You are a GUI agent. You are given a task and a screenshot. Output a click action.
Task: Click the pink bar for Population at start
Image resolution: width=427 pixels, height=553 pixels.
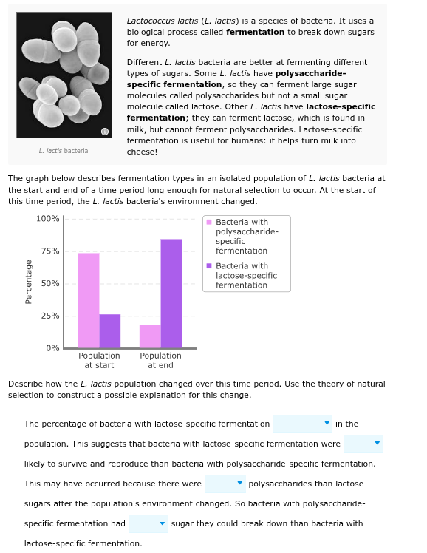pyautogui.click(x=89, y=300)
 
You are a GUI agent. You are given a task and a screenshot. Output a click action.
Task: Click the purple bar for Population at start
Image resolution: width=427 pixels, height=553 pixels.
pyautogui.click(x=110, y=330)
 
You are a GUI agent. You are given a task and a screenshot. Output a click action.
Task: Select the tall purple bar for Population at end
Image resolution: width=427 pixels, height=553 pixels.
pyautogui.click(x=171, y=294)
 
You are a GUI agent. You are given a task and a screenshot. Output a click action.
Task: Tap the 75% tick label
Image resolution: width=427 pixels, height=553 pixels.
pyautogui.click(x=50, y=251)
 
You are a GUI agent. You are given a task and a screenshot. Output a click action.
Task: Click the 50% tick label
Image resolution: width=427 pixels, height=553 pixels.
pyautogui.click(x=50, y=284)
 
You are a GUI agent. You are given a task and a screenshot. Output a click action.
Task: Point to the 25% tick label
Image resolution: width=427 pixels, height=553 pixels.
pyautogui.click(x=50, y=316)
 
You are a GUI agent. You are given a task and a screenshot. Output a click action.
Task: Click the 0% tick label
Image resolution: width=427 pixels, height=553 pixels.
pyautogui.click(x=52, y=348)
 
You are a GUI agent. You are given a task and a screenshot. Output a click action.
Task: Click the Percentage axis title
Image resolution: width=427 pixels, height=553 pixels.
pyautogui.click(x=28, y=282)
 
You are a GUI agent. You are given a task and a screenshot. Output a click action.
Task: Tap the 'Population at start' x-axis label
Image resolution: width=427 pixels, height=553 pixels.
pyautogui.click(x=99, y=360)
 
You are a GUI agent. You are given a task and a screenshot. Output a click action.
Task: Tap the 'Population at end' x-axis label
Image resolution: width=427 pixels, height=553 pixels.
pyautogui.click(x=160, y=360)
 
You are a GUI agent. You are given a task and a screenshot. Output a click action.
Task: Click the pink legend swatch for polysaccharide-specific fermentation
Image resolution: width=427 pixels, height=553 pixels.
pyautogui.click(x=210, y=223)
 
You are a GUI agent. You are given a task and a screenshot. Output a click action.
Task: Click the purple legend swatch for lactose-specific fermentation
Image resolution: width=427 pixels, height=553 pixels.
pyautogui.click(x=210, y=266)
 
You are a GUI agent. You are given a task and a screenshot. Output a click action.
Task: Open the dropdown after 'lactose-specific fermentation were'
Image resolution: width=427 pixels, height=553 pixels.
pyautogui.click(x=363, y=444)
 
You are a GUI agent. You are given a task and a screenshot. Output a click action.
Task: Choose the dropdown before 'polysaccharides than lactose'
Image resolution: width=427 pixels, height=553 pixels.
pyautogui.click(x=225, y=484)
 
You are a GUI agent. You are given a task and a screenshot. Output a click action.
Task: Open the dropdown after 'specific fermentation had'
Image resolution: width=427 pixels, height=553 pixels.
pyautogui.click(x=148, y=523)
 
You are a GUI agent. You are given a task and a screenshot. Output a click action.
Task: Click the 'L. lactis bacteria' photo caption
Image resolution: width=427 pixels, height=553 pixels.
pyautogui.click(x=64, y=151)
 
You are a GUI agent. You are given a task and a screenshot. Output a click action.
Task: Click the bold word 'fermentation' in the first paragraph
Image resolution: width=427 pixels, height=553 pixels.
pyautogui.click(x=255, y=33)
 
